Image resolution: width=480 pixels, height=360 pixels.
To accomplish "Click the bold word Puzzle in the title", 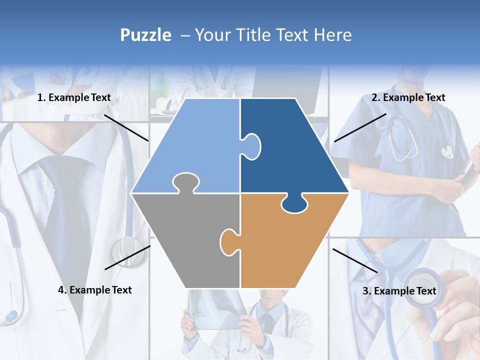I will (x=145, y=35).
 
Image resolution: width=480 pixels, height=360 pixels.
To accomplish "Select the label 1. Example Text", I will (x=74, y=98).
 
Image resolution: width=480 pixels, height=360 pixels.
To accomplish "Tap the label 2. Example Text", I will (x=408, y=98).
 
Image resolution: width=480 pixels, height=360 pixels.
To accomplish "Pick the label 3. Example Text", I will (x=399, y=291).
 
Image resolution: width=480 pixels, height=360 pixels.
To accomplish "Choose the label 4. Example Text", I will (x=95, y=290).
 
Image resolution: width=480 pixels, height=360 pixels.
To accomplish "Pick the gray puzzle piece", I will (x=185, y=240).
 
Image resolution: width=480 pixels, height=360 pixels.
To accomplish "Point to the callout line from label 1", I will (x=126, y=128).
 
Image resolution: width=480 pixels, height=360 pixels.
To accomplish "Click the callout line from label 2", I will (x=360, y=127).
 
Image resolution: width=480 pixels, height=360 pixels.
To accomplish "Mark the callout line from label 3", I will (x=355, y=260).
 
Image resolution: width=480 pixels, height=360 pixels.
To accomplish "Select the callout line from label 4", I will (x=127, y=257).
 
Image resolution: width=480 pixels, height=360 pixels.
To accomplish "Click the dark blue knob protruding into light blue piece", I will (x=251, y=146).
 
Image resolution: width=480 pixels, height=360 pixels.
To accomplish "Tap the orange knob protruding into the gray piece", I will (x=228, y=241).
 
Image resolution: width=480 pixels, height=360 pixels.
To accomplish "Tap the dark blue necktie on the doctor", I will (x=65, y=210).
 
